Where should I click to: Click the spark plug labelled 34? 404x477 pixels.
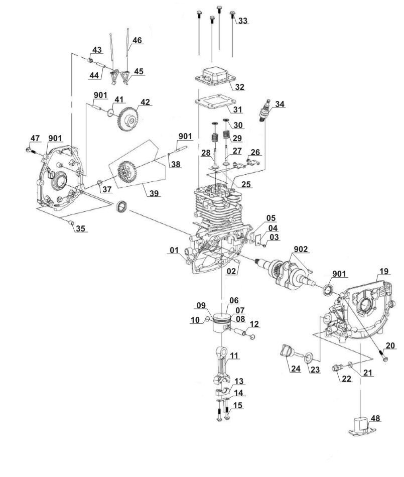tap(264, 111)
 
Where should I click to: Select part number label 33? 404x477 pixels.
tap(243, 21)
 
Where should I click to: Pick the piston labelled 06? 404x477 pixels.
tap(222, 323)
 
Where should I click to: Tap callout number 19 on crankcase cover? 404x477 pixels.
tap(384, 271)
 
